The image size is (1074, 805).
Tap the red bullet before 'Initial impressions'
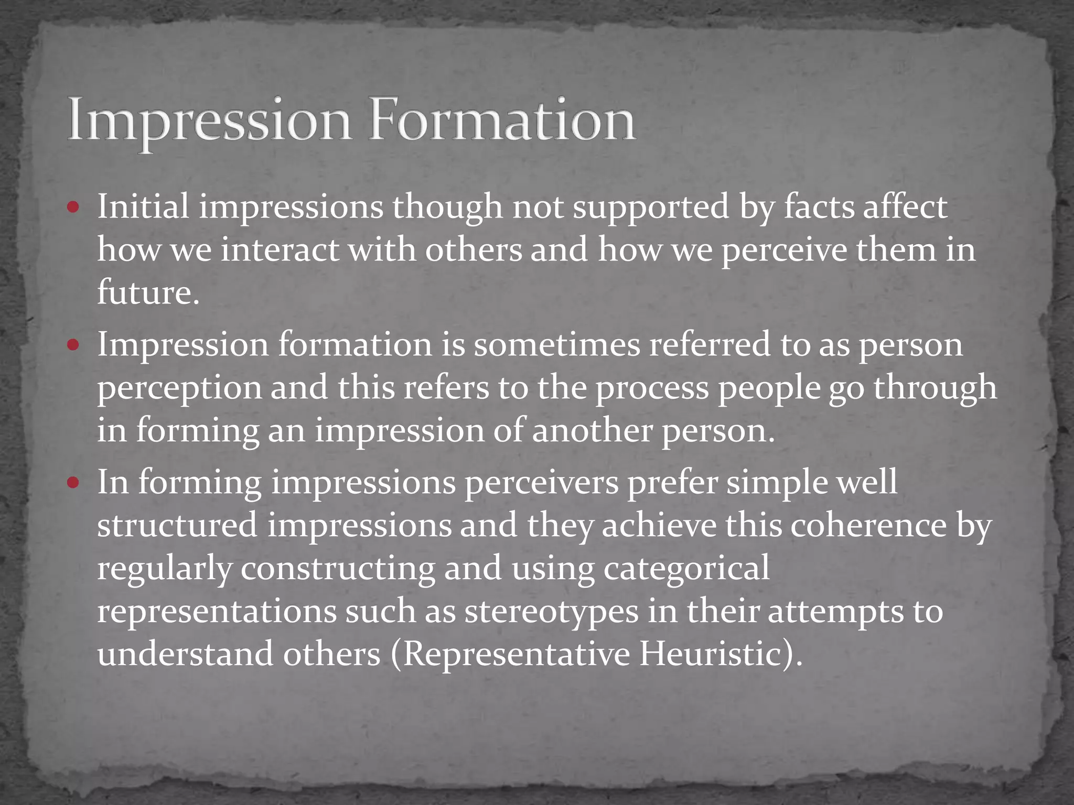pos(73,207)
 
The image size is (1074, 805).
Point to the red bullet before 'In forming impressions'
pos(73,482)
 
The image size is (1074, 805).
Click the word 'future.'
pos(148,292)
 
